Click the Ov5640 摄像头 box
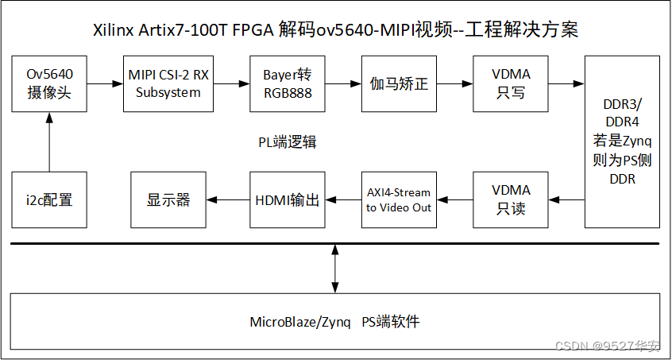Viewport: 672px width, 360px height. pyautogui.click(x=49, y=83)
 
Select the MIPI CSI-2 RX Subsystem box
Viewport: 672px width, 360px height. pyautogui.click(x=168, y=83)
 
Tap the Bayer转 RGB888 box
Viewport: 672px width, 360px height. pyautogui.click(x=288, y=83)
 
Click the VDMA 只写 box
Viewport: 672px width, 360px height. pyautogui.click(x=511, y=83)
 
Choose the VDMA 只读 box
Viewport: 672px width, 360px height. pyautogui.click(x=511, y=199)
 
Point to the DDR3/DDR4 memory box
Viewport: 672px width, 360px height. pyautogui.click(x=622, y=141)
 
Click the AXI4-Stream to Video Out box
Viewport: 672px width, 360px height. pyautogui.click(x=399, y=199)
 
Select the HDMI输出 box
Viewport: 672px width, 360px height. pyautogui.click(x=288, y=199)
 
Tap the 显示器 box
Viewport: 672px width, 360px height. pyautogui.click(x=168, y=199)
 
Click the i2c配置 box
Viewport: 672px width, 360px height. pyautogui.click(x=49, y=199)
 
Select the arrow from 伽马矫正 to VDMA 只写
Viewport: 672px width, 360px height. pyautogui.click(x=455, y=83)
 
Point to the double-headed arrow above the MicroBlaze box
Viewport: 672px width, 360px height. pyautogui.click(x=336, y=268)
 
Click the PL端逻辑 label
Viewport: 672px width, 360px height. pyautogui.click(x=288, y=141)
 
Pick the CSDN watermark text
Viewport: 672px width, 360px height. pyautogui.click(x=608, y=346)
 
